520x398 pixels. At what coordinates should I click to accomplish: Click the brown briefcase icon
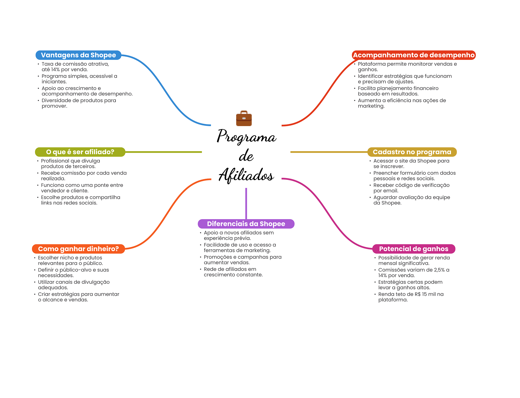pyautogui.click(x=244, y=118)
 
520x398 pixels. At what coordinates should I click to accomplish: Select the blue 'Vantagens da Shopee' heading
pyautogui.click(x=78, y=55)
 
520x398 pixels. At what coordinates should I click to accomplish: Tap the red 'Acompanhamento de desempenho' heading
pyautogui.click(x=414, y=55)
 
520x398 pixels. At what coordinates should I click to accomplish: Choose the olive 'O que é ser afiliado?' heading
pyautogui.click(x=80, y=152)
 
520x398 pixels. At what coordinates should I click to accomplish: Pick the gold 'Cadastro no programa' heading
pyautogui.click(x=412, y=152)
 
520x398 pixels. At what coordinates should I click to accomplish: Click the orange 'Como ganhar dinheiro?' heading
pyautogui.click(x=78, y=249)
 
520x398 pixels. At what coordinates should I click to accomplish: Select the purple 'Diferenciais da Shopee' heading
pyautogui.click(x=246, y=224)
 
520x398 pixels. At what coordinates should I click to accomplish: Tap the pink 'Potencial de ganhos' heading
pyautogui.click(x=414, y=249)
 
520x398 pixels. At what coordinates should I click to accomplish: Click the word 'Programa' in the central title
pyautogui.click(x=246, y=136)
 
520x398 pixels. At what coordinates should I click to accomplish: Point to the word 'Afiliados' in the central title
pyautogui.click(x=246, y=175)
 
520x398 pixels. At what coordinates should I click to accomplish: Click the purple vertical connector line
pyautogui.click(x=246, y=203)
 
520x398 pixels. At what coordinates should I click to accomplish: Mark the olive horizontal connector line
pyautogui.click(x=164, y=152)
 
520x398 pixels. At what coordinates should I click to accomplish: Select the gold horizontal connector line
pyautogui.click(x=329, y=152)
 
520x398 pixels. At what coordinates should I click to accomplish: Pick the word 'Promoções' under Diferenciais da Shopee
pyautogui.click(x=218, y=257)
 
